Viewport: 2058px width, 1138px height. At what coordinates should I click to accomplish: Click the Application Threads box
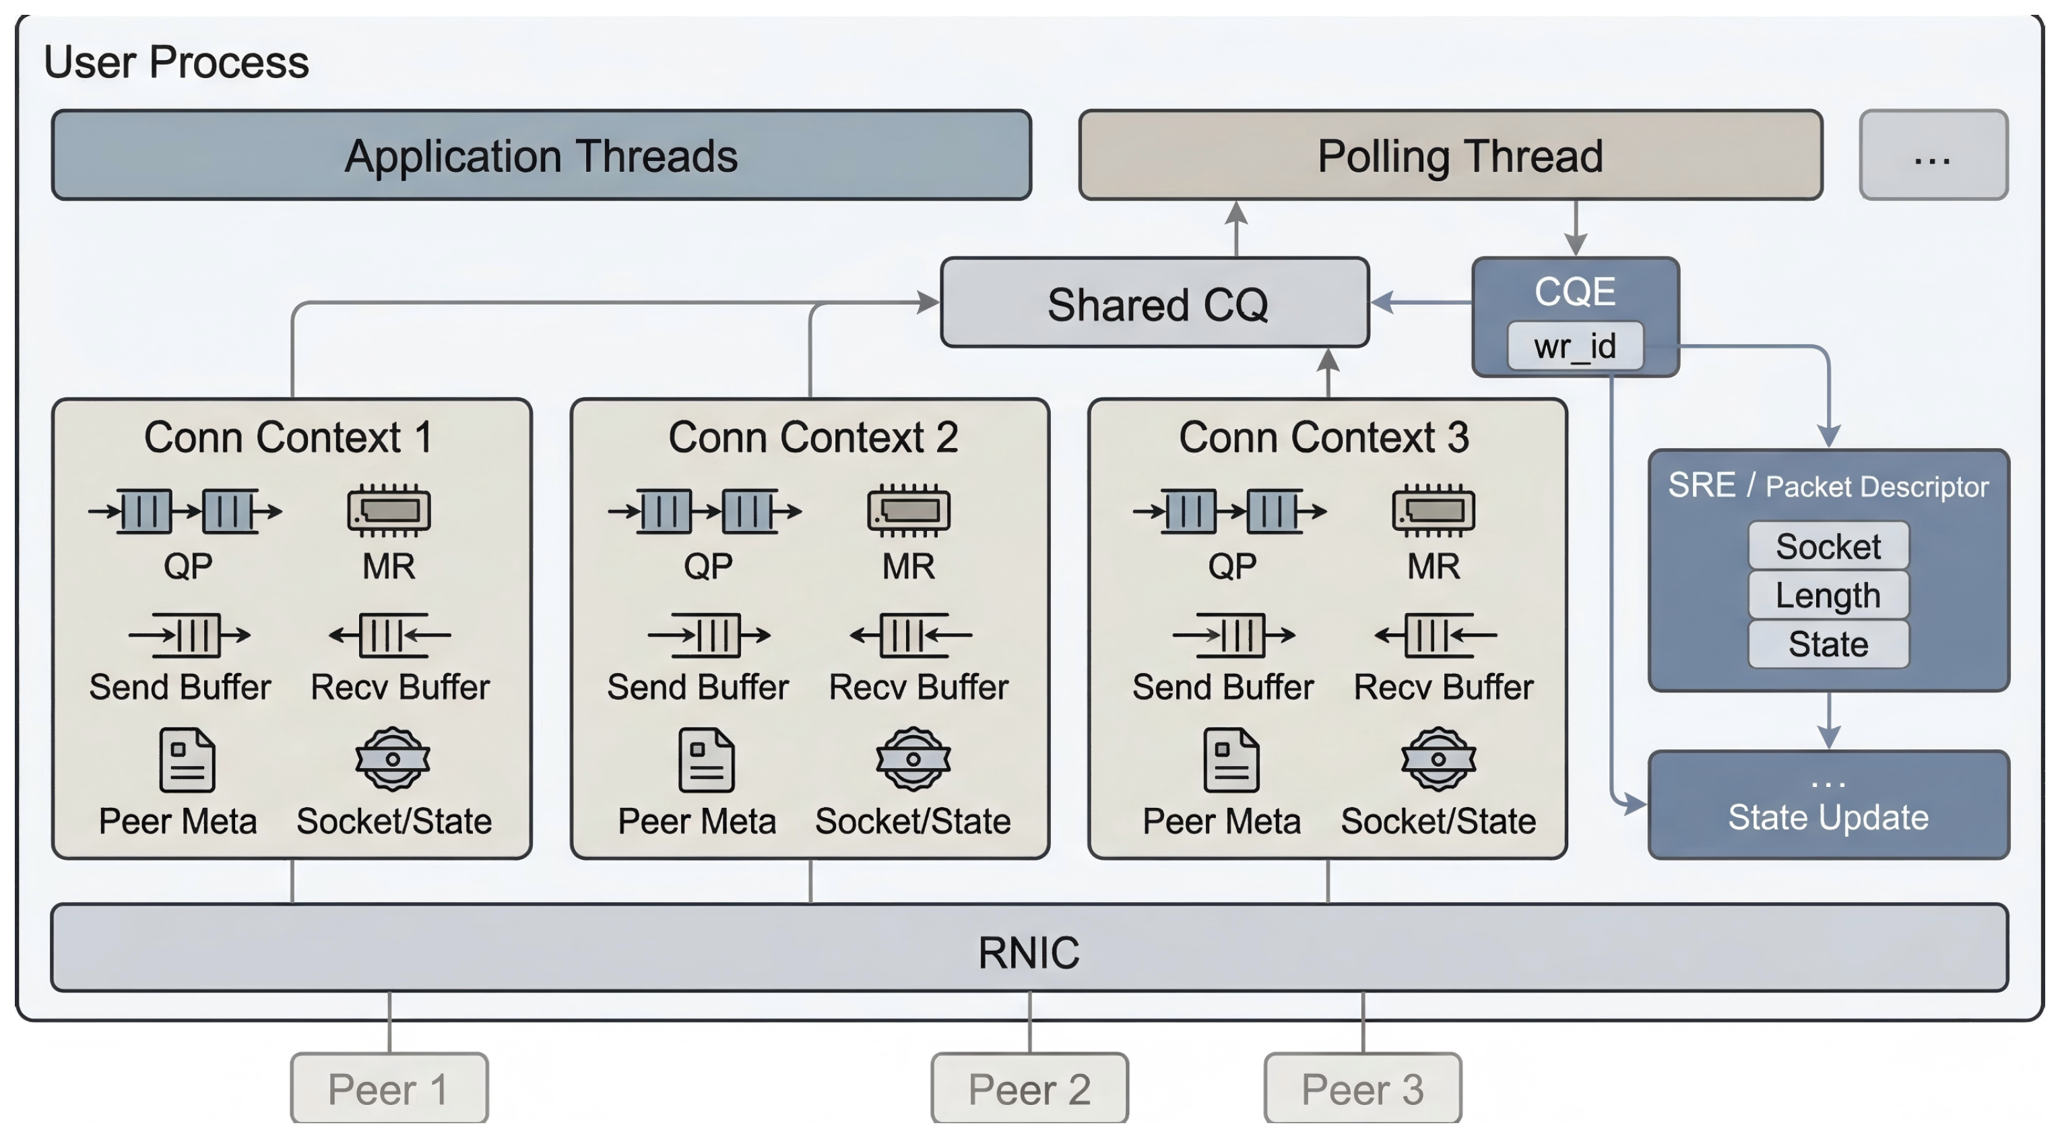[541, 155]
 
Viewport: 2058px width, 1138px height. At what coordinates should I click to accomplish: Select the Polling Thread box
[1450, 155]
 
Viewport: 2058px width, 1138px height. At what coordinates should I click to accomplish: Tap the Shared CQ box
[1155, 303]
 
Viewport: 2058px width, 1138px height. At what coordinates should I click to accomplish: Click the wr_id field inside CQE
[1575, 346]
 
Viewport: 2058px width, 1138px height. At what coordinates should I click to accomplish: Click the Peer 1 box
[389, 1088]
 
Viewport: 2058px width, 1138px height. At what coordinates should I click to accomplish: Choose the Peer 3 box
[1362, 1088]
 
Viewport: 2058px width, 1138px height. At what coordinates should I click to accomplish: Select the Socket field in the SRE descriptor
[1828, 546]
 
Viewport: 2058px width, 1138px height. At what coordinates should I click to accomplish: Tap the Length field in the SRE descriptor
[1828, 594]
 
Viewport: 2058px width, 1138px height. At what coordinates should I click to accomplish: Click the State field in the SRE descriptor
[1828, 643]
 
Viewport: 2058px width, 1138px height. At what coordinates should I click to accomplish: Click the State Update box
[1828, 806]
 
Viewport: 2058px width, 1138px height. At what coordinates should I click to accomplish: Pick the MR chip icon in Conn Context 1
[389, 510]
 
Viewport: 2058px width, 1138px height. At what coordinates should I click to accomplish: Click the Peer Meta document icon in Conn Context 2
[706, 759]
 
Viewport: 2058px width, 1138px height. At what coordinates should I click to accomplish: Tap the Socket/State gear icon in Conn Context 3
[1438, 759]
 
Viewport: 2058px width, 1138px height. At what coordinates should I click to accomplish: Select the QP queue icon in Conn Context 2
[705, 511]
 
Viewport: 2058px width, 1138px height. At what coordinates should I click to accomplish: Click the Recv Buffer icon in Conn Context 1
[390, 635]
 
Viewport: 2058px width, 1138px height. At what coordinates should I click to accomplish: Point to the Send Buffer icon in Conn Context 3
[1233, 635]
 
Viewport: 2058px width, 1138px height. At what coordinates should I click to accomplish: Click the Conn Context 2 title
[812, 437]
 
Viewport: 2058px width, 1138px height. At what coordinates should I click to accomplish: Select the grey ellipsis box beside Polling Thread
[1933, 155]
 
